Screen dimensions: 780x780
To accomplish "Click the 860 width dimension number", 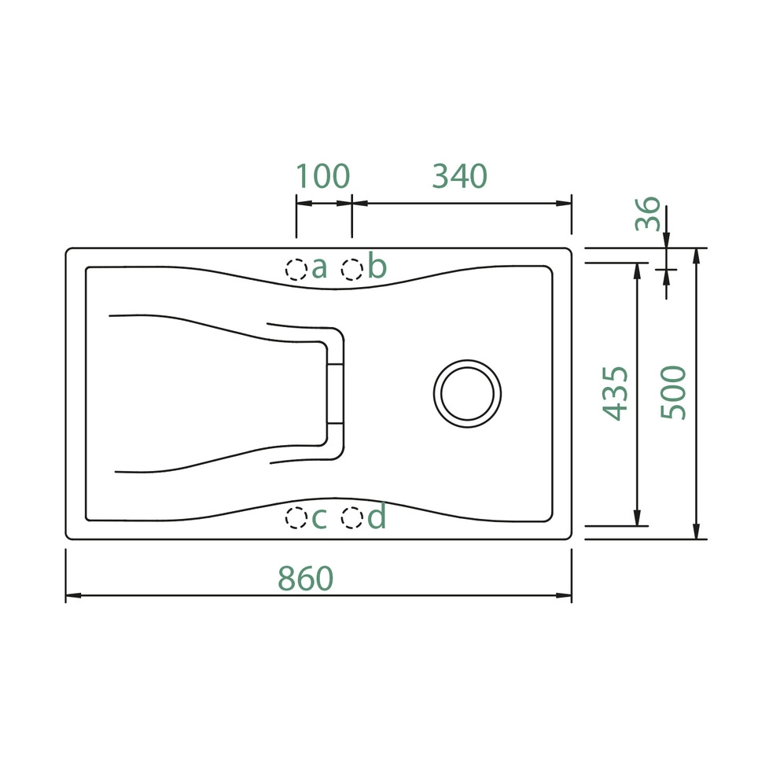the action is (x=305, y=578).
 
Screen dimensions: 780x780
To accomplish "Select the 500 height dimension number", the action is (x=673, y=392).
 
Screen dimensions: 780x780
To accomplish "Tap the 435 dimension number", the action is (x=616, y=393).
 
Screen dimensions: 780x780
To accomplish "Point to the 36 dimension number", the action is (x=648, y=213).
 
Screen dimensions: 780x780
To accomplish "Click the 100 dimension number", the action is (x=323, y=176).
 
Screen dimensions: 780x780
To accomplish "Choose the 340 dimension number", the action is (x=460, y=176).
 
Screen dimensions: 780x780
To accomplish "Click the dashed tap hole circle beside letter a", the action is (x=296, y=270).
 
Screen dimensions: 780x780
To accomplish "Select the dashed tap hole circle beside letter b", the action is (x=351, y=270).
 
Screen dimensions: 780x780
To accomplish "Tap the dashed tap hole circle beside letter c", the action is (x=296, y=518).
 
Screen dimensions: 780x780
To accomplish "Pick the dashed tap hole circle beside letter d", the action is (x=351, y=518).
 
